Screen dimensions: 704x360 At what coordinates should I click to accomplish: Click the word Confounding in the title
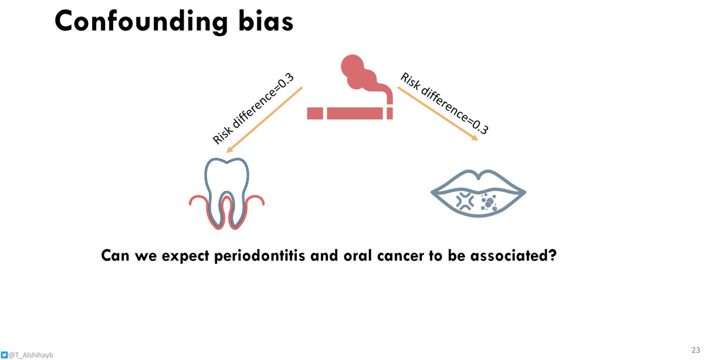pyautogui.click(x=140, y=22)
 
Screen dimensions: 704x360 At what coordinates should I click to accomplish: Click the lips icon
pyautogui.click(x=478, y=192)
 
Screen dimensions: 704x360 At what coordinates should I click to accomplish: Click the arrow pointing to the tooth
pyautogui.click(x=263, y=120)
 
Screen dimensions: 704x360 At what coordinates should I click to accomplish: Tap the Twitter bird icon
pyautogui.click(x=5, y=355)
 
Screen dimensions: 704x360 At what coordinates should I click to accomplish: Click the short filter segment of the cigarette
pyautogui.click(x=315, y=113)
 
